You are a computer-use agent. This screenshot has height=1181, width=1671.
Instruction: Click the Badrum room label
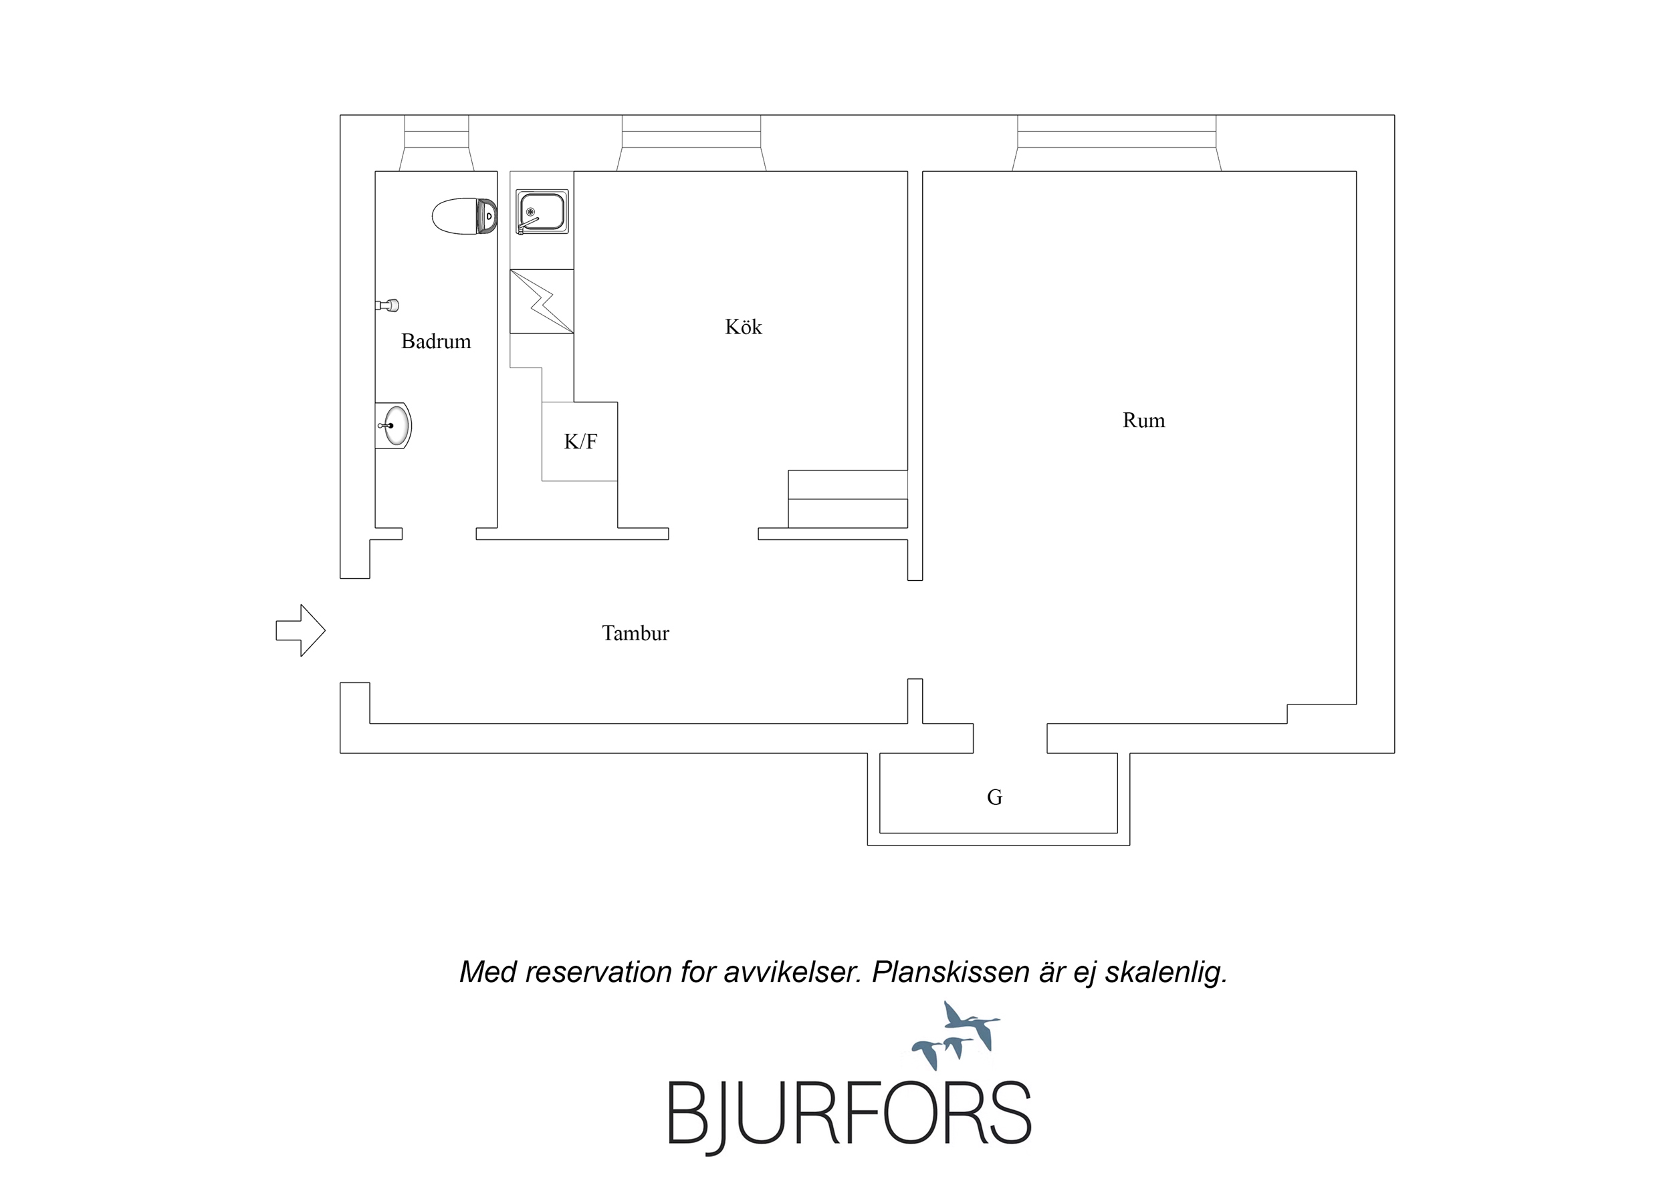436,342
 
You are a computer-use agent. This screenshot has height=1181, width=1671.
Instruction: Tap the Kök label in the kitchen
743,327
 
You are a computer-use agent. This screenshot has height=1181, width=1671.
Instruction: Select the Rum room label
1143,420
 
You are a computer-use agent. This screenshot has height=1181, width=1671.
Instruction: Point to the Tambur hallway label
635,633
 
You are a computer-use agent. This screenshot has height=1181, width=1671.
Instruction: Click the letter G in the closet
995,797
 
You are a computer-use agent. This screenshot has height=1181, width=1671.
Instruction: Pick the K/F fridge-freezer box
580,441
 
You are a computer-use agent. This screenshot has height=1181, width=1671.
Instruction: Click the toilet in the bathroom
464,216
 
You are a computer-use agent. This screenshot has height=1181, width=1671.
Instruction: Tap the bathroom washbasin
393,426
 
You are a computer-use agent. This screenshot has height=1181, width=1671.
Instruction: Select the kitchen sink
542,212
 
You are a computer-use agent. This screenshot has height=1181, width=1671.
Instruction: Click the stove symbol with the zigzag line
542,301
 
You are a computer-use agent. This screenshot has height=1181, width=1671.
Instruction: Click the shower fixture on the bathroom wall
387,305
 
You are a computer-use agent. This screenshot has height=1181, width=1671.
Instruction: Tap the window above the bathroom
437,142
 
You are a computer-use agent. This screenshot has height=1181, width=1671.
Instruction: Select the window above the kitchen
691,142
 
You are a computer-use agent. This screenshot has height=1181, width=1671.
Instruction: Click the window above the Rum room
1117,142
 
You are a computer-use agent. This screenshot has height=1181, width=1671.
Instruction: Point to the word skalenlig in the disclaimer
1167,973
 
